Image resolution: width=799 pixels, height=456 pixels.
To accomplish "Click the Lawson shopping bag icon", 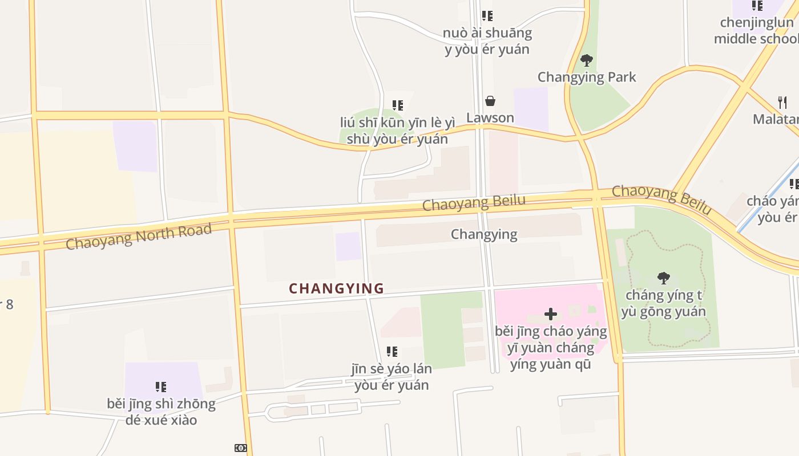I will pyautogui.click(x=490, y=101).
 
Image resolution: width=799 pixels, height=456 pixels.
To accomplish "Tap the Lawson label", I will pyautogui.click(x=490, y=118).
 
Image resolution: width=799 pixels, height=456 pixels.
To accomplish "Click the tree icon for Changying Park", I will pyautogui.click(x=586, y=60).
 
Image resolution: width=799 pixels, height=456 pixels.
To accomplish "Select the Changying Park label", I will pyautogui.click(x=586, y=77).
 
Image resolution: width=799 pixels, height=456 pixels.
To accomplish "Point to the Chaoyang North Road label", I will pyautogui.click(x=139, y=237).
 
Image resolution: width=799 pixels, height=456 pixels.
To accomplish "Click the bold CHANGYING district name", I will pyautogui.click(x=336, y=288).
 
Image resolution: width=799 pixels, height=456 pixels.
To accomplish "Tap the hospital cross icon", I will pyautogui.click(x=551, y=314).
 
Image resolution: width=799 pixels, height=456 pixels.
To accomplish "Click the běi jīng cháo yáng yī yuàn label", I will pyautogui.click(x=551, y=347).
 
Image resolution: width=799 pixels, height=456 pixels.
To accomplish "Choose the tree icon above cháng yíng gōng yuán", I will pyautogui.click(x=663, y=278).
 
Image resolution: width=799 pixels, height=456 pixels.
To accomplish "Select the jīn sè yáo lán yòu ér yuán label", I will pyautogui.click(x=392, y=377).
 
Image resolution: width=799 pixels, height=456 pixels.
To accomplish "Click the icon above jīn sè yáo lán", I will pyautogui.click(x=392, y=352).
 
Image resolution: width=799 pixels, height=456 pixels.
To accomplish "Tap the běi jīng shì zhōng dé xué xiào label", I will pyautogui.click(x=161, y=412).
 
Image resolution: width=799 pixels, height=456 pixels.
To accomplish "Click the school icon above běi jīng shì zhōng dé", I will pyautogui.click(x=161, y=387).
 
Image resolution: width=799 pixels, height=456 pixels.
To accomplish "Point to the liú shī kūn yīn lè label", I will pyautogui.click(x=397, y=131).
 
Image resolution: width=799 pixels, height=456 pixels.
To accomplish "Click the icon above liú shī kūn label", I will pyautogui.click(x=398, y=105).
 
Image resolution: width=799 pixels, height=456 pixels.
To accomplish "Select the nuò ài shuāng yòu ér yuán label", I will pyautogui.click(x=487, y=41).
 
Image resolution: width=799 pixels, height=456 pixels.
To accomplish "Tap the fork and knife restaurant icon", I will pyautogui.click(x=782, y=103).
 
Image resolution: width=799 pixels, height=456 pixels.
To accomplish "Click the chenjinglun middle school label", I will pyautogui.click(x=757, y=31).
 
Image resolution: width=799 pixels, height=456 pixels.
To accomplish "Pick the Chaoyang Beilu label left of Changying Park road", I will pyautogui.click(x=474, y=203).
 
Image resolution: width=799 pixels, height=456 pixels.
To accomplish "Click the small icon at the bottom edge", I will pyautogui.click(x=241, y=448).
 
